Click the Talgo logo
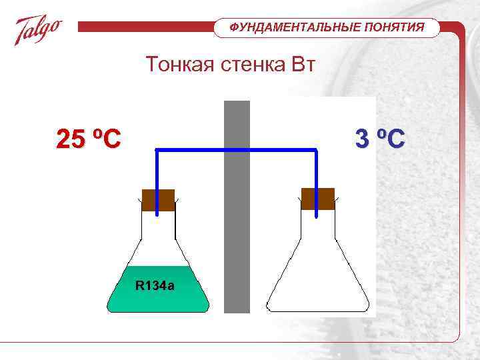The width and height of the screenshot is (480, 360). (x=39, y=30)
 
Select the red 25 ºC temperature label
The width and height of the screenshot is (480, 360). (x=89, y=139)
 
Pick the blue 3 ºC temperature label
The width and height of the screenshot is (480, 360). (x=379, y=139)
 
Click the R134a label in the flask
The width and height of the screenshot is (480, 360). (x=155, y=286)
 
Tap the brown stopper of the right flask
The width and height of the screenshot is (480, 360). (x=317, y=199)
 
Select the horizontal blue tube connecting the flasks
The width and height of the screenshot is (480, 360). (x=237, y=151)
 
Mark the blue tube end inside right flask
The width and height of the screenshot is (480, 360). (x=316, y=213)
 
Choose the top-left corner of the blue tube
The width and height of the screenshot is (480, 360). (x=157, y=151)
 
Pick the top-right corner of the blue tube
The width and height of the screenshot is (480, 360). (x=316, y=151)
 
